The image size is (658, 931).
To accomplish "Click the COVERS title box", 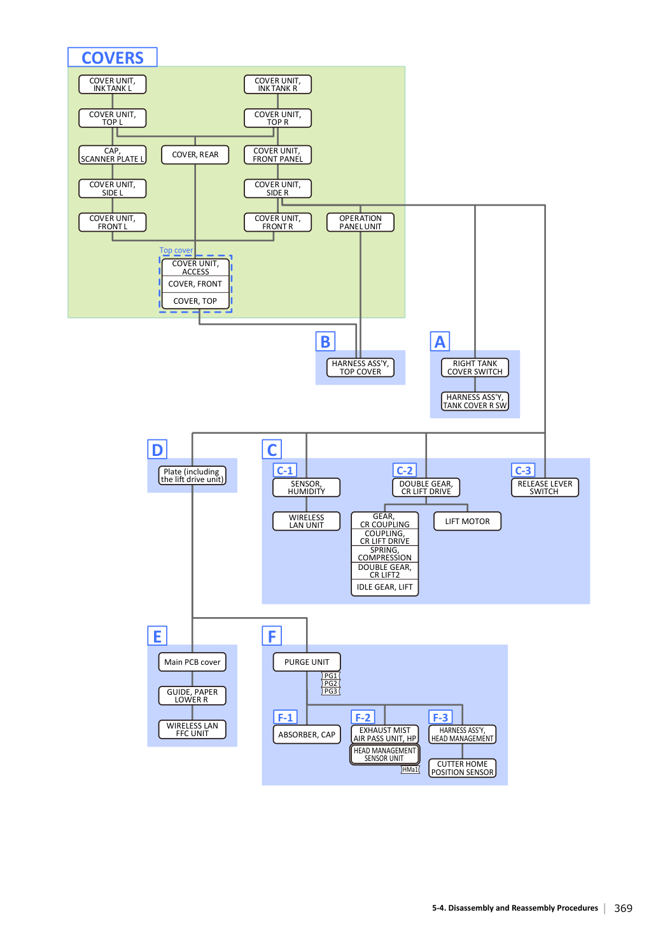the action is pos(112,57).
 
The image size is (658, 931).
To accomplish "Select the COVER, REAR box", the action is pos(195,155).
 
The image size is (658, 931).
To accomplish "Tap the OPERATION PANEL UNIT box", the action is pos(360,222).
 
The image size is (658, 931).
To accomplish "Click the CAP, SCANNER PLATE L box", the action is pos(112,155).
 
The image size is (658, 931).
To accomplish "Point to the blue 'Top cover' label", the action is pos(176,250).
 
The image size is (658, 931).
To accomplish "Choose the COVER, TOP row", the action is pos(195,301).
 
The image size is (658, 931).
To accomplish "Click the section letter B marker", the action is pos(325,341).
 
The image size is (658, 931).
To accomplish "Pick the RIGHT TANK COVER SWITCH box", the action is pos(475,367).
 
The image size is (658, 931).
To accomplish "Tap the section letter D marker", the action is pos(157,450).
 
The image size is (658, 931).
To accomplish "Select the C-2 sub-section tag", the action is pos(404,470).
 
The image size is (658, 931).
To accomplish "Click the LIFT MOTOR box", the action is pos(467,521).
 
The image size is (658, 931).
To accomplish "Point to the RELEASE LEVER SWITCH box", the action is pos(545,487).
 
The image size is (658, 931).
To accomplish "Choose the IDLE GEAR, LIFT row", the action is pos(384,587).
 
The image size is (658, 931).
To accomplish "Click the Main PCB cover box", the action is pos(192,662).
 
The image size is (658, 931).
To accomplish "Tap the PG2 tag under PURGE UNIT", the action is pos(331,683).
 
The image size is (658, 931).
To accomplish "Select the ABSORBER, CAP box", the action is pos(307,734).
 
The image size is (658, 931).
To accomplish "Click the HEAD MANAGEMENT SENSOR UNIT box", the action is pos(384,755).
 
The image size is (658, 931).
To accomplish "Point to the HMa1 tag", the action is pos(410,769).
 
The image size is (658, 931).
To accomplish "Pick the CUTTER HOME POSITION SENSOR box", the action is pos(463,768).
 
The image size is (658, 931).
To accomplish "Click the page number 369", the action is pos(623,908).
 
